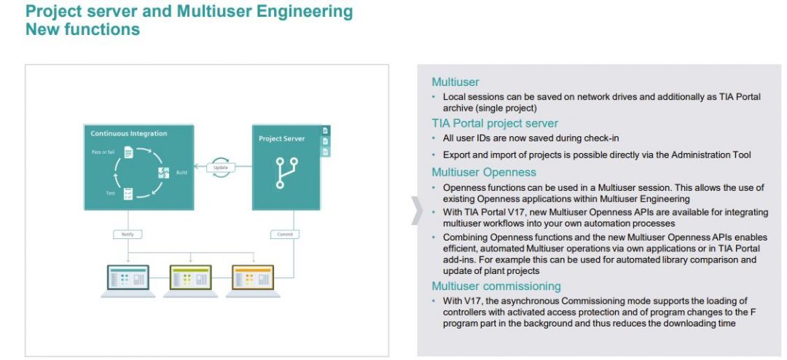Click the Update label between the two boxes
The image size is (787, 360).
(x=222, y=168)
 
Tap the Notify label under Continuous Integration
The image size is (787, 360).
(x=128, y=235)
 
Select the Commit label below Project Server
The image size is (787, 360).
(x=283, y=235)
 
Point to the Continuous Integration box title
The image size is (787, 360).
(x=129, y=134)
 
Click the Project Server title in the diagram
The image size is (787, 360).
(x=282, y=138)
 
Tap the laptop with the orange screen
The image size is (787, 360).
(x=252, y=281)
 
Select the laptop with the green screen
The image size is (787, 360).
(x=190, y=281)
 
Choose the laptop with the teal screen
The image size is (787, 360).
(x=128, y=281)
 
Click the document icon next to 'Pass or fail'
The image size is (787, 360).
(x=129, y=152)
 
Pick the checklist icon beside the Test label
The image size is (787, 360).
(x=128, y=193)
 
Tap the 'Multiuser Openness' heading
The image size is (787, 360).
(x=483, y=173)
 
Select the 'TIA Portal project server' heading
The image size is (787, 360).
(x=495, y=123)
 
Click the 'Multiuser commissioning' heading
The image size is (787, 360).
(x=496, y=286)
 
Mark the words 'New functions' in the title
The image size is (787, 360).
(x=82, y=30)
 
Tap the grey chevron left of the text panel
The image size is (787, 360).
(x=418, y=210)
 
